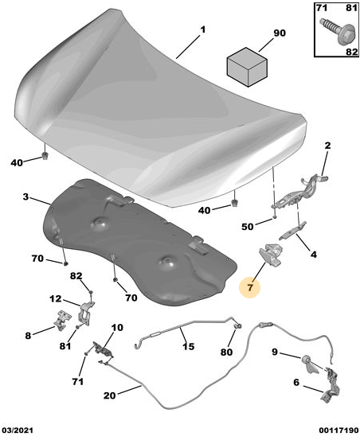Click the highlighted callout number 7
(x=250, y=287)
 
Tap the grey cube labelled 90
(x=247, y=67)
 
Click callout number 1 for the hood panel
(x=202, y=29)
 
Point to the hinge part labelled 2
(x=300, y=193)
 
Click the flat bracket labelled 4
(x=293, y=231)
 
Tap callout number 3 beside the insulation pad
(x=25, y=197)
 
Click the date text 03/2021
(x=18, y=430)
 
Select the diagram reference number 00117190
(x=338, y=430)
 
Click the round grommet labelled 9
(x=310, y=364)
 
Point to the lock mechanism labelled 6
(x=331, y=385)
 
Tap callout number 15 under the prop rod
(x=188, y=346)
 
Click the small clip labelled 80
(x=239, y=325)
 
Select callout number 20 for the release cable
(x=110, y=395)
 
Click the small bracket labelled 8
(x=63, y=320)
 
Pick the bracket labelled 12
(x=85, y=313)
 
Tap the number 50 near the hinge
(x=248, y=226)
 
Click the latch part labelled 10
(x=103, y=350)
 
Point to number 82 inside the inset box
(x=351, y=52)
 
